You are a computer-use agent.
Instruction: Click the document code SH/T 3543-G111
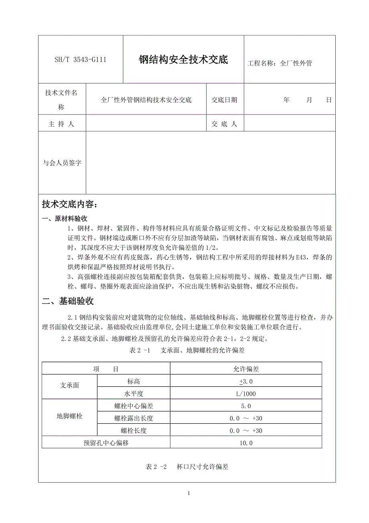pyautogui.click(x=80, y=60)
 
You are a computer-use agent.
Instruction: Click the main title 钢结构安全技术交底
pyautogui.click(x=183, y=60)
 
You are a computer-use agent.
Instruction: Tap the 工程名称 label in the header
pyautogui.click(x=261, y=63)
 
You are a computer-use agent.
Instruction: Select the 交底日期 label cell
pyautogui.click(x=225, y=100)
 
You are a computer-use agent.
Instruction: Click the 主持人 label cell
pyautogui.click(x=61, y=124)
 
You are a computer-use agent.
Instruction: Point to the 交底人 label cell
pyautogui.click(x=225, y=124)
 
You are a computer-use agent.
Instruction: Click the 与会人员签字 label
pyautogui.click(x=62, y=163)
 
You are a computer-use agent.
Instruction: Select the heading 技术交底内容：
pyautogui.click(x=69, y=205)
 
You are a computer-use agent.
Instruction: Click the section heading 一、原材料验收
pyautogui.click(x=65, y=219)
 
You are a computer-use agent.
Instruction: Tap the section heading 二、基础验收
pyautogui.click(x=68, y=301)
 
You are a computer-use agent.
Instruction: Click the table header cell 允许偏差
pyautogui.click(x=246, y=369)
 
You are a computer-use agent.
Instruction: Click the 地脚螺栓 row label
pyautogui.click(x=69, y=416)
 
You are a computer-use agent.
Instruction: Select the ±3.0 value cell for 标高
pyautogui.click(x=246, y=381)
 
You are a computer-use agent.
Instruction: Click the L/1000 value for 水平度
pyautogui.click(x=246, y=394)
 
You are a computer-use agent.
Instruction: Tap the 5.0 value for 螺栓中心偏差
pyautogui.click(x=246, y=406)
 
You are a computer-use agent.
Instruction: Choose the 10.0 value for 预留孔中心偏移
pyautogui.click(x=246, y=443)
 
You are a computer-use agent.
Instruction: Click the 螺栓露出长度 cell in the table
pyautogui.click(x=134, y=419)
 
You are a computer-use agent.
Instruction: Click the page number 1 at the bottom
pyautogui.click(x=189, y=494)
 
